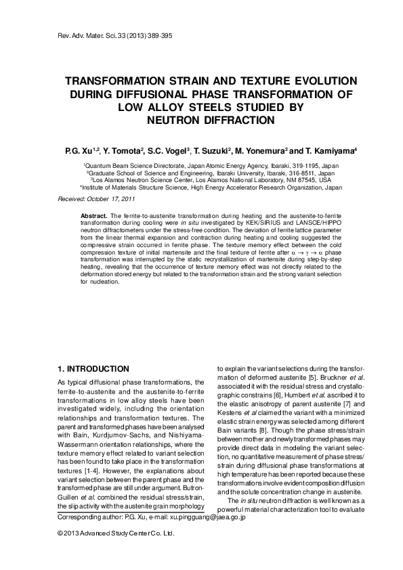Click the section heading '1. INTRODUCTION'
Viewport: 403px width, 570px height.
[x=93, y=369]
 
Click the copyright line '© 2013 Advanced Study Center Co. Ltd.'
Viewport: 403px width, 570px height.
[x=116, y=534]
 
